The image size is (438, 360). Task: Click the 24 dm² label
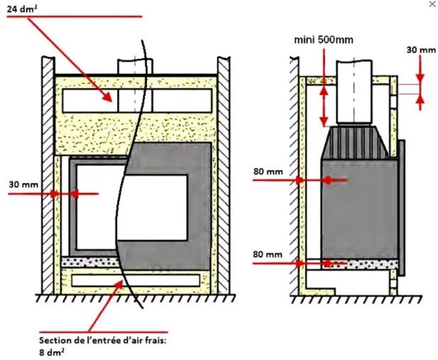[x=23, y=9]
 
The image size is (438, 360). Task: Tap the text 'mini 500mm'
[x=324, y=40]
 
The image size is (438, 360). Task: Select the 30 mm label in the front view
[x=23, y=185]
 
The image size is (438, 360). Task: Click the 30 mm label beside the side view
[x=421, y=50]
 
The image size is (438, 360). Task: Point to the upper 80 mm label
[x=268, y=171]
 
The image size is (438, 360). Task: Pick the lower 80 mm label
[x=268, y=254]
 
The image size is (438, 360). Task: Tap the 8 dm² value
[x=52, y=352]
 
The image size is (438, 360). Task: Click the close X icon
[x=432, y=4]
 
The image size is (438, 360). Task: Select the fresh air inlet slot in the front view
[x=136, y=280]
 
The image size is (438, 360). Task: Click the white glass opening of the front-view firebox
[x=131, y=207]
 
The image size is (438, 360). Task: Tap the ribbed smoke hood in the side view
[x=355, y=142]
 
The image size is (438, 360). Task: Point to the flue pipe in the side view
[x=354, y=92]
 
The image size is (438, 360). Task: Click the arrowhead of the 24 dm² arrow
[x=108, y=97]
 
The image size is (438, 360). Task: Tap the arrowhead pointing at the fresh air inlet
[x=119, y=285]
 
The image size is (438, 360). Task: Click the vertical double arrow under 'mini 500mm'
[x=324, y=105]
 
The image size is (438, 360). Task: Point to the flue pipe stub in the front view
[x=135, y=67]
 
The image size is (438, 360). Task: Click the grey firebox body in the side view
[x=360, y=208]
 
